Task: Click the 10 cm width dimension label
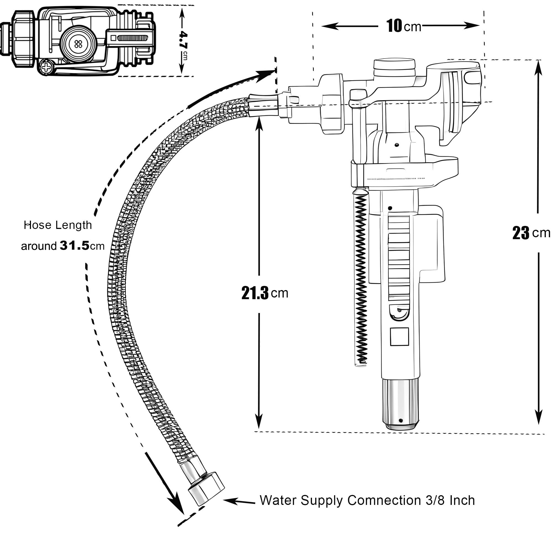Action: click(404, 26)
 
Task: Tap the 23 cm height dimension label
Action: click(531, 233)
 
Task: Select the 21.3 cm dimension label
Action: click(265, 293)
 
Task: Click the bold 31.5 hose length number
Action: click(75, 246)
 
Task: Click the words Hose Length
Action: click(58, 225)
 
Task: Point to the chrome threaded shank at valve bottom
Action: click(400, 404)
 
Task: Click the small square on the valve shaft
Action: click(399, 337)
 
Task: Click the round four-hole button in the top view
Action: click(78, 44)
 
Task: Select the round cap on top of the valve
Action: click(394, 67)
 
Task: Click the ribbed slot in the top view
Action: click(132, 38)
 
